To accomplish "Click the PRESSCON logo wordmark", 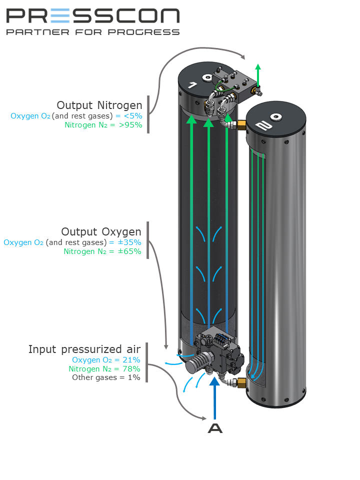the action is click(x=93, y=16).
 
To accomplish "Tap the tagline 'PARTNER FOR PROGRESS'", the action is click(x=93, y=32).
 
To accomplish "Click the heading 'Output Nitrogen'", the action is click(x=99, y=105).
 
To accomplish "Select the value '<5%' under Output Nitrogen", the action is click(x=133, y=116).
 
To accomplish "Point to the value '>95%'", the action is click(x=130, y=125).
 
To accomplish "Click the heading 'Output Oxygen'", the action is click(x=101, y=231).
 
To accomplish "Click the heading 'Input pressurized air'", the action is click(x=84, y=349).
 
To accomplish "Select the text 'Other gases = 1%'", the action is click(x=106, y=377).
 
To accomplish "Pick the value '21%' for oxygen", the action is click(x=131, y=359).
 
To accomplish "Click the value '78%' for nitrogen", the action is click(x=131, y=368).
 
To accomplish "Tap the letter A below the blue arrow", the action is click(x=215, y=428).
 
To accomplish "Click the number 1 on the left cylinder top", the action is click(x=193, y=85).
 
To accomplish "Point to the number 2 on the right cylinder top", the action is click(x=264, y=125).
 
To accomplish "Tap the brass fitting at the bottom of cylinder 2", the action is click(x=241, y=382).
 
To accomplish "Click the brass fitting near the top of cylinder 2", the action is click(x=241, y=124).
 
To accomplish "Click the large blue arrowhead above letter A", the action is click(x=215, y=381).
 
